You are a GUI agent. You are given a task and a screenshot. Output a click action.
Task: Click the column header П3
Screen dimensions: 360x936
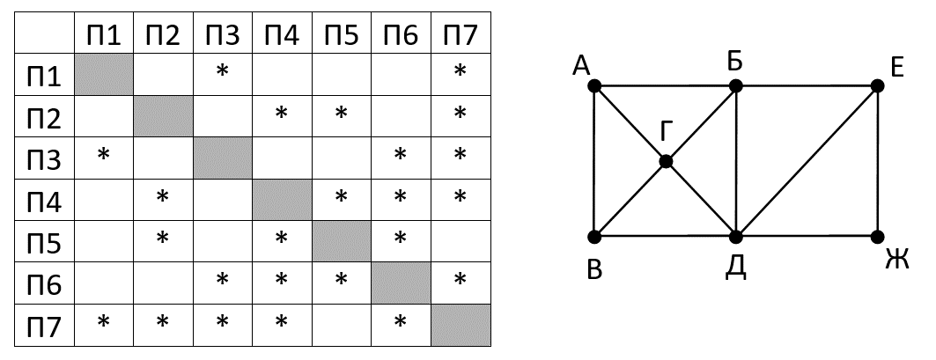[x=222, y=35]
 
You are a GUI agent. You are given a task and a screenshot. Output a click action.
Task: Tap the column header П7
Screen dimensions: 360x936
[x=460, y=35]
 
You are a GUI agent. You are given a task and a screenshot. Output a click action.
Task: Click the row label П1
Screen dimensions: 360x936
[x=44, y=76]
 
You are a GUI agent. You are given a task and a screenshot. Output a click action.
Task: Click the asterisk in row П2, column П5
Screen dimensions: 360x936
[x=341, y=114]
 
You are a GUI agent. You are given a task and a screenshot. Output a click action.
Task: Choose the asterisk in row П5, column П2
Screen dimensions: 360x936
[x=162, y=239]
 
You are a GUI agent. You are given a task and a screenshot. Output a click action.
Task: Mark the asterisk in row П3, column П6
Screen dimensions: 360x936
[x=401, y=156]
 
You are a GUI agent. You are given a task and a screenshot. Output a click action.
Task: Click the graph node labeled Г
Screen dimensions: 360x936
[x=666, y=161]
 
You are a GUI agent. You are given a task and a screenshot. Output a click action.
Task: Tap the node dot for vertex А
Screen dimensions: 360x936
[x=594, y=86]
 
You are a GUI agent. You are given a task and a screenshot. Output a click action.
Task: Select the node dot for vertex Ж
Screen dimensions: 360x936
[x=877, y=237]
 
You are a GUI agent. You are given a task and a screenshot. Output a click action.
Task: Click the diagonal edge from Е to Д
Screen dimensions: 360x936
[x=807, y=162]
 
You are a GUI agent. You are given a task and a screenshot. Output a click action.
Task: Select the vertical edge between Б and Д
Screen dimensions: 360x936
[x=736, y=162]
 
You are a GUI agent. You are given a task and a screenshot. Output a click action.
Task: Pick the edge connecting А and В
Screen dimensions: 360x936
[x=594, y=162]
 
